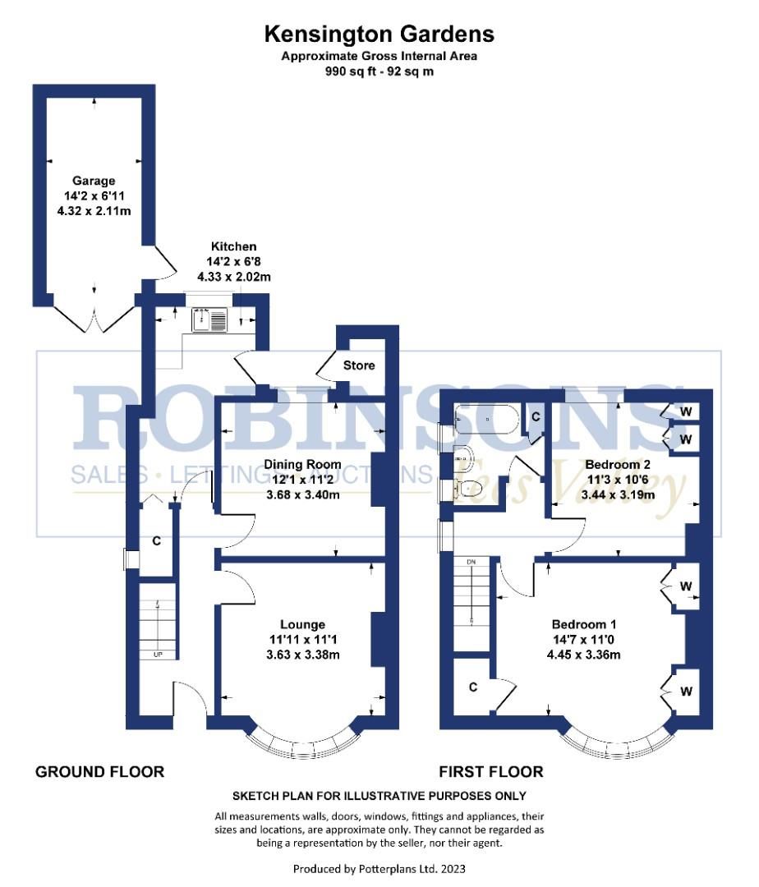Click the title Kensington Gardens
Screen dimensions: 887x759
pos(379,34)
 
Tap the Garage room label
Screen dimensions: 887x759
pos(93,181)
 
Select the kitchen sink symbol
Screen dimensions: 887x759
pos(209,319)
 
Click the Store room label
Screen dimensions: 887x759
pos(359,365)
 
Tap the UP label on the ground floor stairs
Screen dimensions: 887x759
pos(156,655)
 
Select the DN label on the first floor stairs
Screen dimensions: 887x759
pos(471,562)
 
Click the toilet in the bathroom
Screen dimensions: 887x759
pos(467,490)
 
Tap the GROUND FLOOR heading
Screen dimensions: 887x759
pos(99,772)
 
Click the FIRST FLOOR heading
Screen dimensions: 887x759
pos(490,772)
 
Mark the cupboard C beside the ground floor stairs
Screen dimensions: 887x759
pos(155,541)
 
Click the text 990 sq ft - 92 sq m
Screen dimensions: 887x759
pos(379,71)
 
